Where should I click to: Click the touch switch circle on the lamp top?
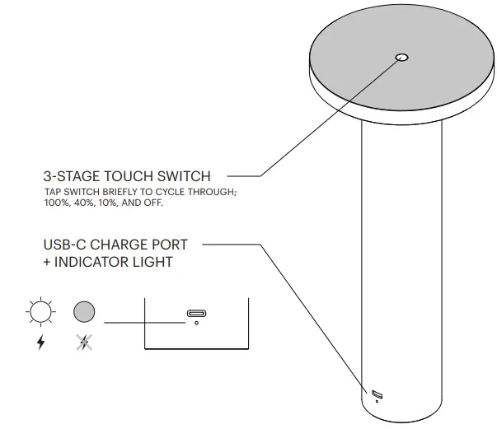[x=402, y=58]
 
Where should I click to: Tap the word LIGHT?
[x=155, y=262]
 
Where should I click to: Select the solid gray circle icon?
[x=84, y=312]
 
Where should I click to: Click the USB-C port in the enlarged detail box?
[x=196, y=313]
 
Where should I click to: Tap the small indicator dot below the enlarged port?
[x=196, y=323]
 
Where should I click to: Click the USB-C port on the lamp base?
[x=377, y=393]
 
